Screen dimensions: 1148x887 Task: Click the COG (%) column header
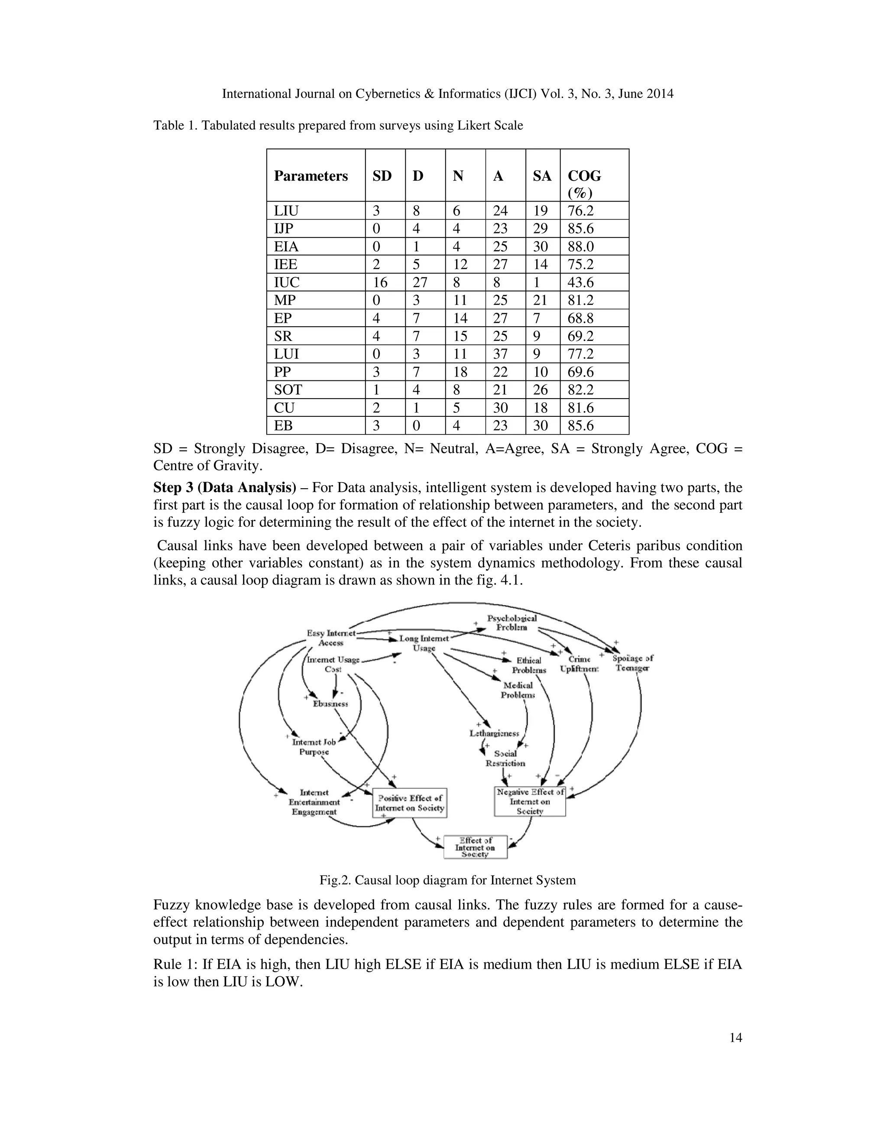click(584, 183)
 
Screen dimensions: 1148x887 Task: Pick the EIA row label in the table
click(286, 246)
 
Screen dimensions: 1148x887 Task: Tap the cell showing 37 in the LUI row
click(500, 354)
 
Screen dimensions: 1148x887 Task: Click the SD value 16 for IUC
click(380, 282)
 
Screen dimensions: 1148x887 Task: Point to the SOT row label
click(288, 389)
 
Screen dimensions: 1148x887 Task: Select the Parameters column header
click(311, 175)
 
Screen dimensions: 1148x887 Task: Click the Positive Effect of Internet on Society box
click(410, 803)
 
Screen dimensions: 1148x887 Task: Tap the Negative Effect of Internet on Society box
click(530, 801)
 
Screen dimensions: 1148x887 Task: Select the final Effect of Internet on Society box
click(475, 847)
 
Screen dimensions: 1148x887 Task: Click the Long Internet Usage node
click(424, 643)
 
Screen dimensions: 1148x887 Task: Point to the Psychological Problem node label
click(512, 623)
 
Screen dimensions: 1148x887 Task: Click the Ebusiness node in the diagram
click(330, 703)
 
